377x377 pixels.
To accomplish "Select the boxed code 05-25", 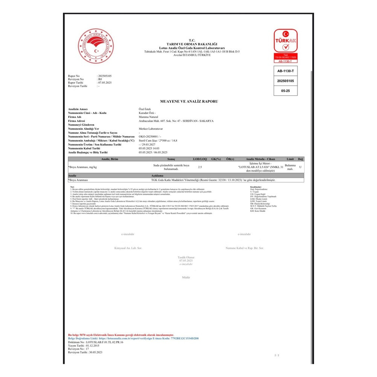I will tap(285, 91).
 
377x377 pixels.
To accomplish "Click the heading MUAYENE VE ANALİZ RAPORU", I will tap(189, 101).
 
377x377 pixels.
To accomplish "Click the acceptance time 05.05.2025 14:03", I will tap(152, 148).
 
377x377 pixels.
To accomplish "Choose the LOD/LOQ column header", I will tap(200, 159).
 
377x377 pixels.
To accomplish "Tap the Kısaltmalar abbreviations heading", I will tap(257, 187).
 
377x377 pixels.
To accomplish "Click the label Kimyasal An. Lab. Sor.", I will tap(128, 248).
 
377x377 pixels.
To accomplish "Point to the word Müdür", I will tap(186, 277).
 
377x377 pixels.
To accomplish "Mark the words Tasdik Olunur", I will tap(186, 257).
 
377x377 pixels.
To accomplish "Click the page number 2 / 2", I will tap(277, 355).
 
